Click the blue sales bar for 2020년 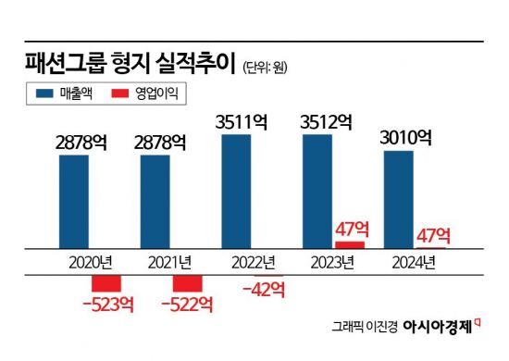click(x=74, y=201)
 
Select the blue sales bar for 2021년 click(x=155, y=201)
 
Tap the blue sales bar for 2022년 click(x=236, y=191)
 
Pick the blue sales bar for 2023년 click(x=318, y=191)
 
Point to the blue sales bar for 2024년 click(x=399, y=199)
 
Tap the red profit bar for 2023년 click(x=350, y=244)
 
